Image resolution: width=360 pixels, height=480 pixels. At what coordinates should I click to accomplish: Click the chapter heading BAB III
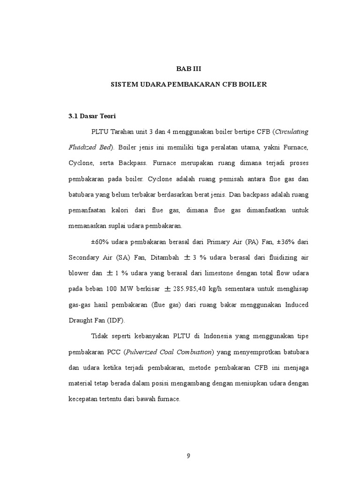tap(188, 69)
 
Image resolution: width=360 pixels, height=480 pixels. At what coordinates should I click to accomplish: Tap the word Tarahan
tap(121, 131)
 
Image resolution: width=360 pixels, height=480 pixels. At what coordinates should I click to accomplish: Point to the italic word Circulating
tap(292, 131)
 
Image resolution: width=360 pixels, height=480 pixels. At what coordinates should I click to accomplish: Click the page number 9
tap(188, 456)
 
